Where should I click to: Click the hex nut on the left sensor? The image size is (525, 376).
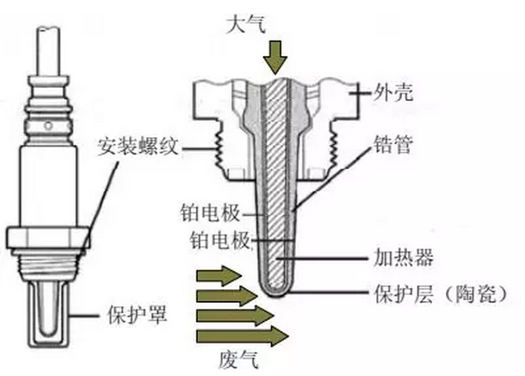(46, 236)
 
